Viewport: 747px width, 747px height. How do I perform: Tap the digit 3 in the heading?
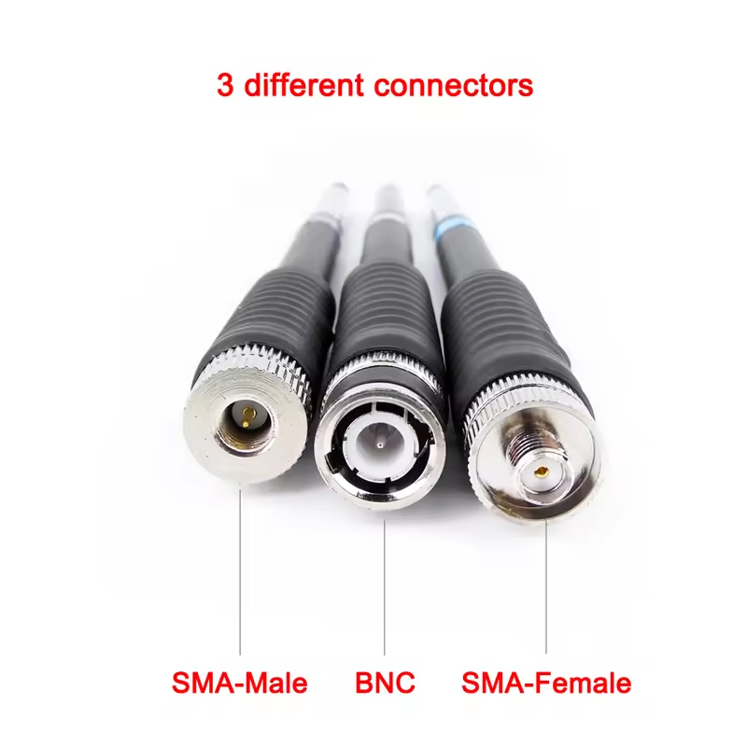[x=225, y=85]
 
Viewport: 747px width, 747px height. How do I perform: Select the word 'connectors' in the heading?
[x=454, y=86]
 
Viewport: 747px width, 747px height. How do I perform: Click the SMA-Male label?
[x=240, y=683]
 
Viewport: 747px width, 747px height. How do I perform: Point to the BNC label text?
[x=385, y=683]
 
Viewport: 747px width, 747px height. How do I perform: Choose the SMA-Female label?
[x=546, y=683]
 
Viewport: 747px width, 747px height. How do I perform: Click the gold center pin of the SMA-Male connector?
[x=246, y=416]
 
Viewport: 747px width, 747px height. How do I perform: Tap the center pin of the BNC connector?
[x=379, y=446]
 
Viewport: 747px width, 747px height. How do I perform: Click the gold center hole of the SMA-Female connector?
[x=541, y=472]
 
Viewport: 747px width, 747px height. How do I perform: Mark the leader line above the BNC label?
[x=385, y=587]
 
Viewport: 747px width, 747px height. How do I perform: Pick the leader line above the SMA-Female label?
[x=546, y=587]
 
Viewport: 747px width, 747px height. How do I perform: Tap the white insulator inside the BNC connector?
[x=381, y=441]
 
